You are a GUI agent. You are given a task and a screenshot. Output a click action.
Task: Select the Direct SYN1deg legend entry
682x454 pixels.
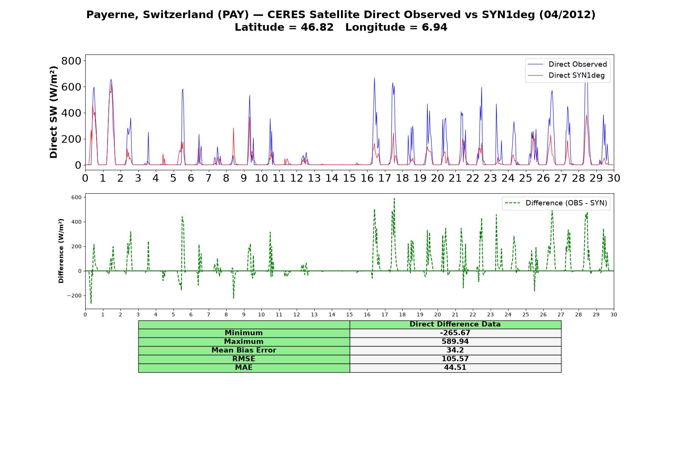pos(567,75)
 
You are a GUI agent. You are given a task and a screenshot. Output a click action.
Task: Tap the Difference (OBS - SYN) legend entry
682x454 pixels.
pos(556,203)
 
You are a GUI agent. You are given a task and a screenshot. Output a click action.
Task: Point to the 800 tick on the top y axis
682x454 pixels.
pos(71,61)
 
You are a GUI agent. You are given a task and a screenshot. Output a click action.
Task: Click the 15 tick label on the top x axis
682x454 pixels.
pos(349,178)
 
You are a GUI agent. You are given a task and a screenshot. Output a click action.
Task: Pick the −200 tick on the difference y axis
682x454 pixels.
pos(74,296)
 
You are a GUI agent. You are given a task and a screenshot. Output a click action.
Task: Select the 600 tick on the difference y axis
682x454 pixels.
pos(76,197)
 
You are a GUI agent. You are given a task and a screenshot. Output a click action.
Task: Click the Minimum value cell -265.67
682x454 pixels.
pos(455,333)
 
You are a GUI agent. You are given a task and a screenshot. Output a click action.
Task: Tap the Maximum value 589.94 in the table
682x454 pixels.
pos(455,342)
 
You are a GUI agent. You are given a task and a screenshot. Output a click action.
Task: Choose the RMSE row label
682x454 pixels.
pos(244,359)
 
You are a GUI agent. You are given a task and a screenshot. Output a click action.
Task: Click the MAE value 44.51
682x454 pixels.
pos(455,368)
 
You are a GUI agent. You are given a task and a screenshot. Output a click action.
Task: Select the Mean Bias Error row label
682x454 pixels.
pos(244,350)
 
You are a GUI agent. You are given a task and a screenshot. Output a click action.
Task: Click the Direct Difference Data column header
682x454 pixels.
pos(455,324)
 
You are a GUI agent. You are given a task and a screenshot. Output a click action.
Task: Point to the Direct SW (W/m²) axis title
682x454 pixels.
pos(54,112)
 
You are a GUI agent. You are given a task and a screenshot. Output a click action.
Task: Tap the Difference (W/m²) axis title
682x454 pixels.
pos(61,251)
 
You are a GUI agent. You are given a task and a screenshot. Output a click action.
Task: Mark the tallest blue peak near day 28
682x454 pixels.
pos(586,61)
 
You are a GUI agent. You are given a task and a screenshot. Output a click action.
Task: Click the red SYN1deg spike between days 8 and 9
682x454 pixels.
pos(233,128)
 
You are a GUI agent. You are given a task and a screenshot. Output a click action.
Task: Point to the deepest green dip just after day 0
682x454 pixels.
pos(91,303)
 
